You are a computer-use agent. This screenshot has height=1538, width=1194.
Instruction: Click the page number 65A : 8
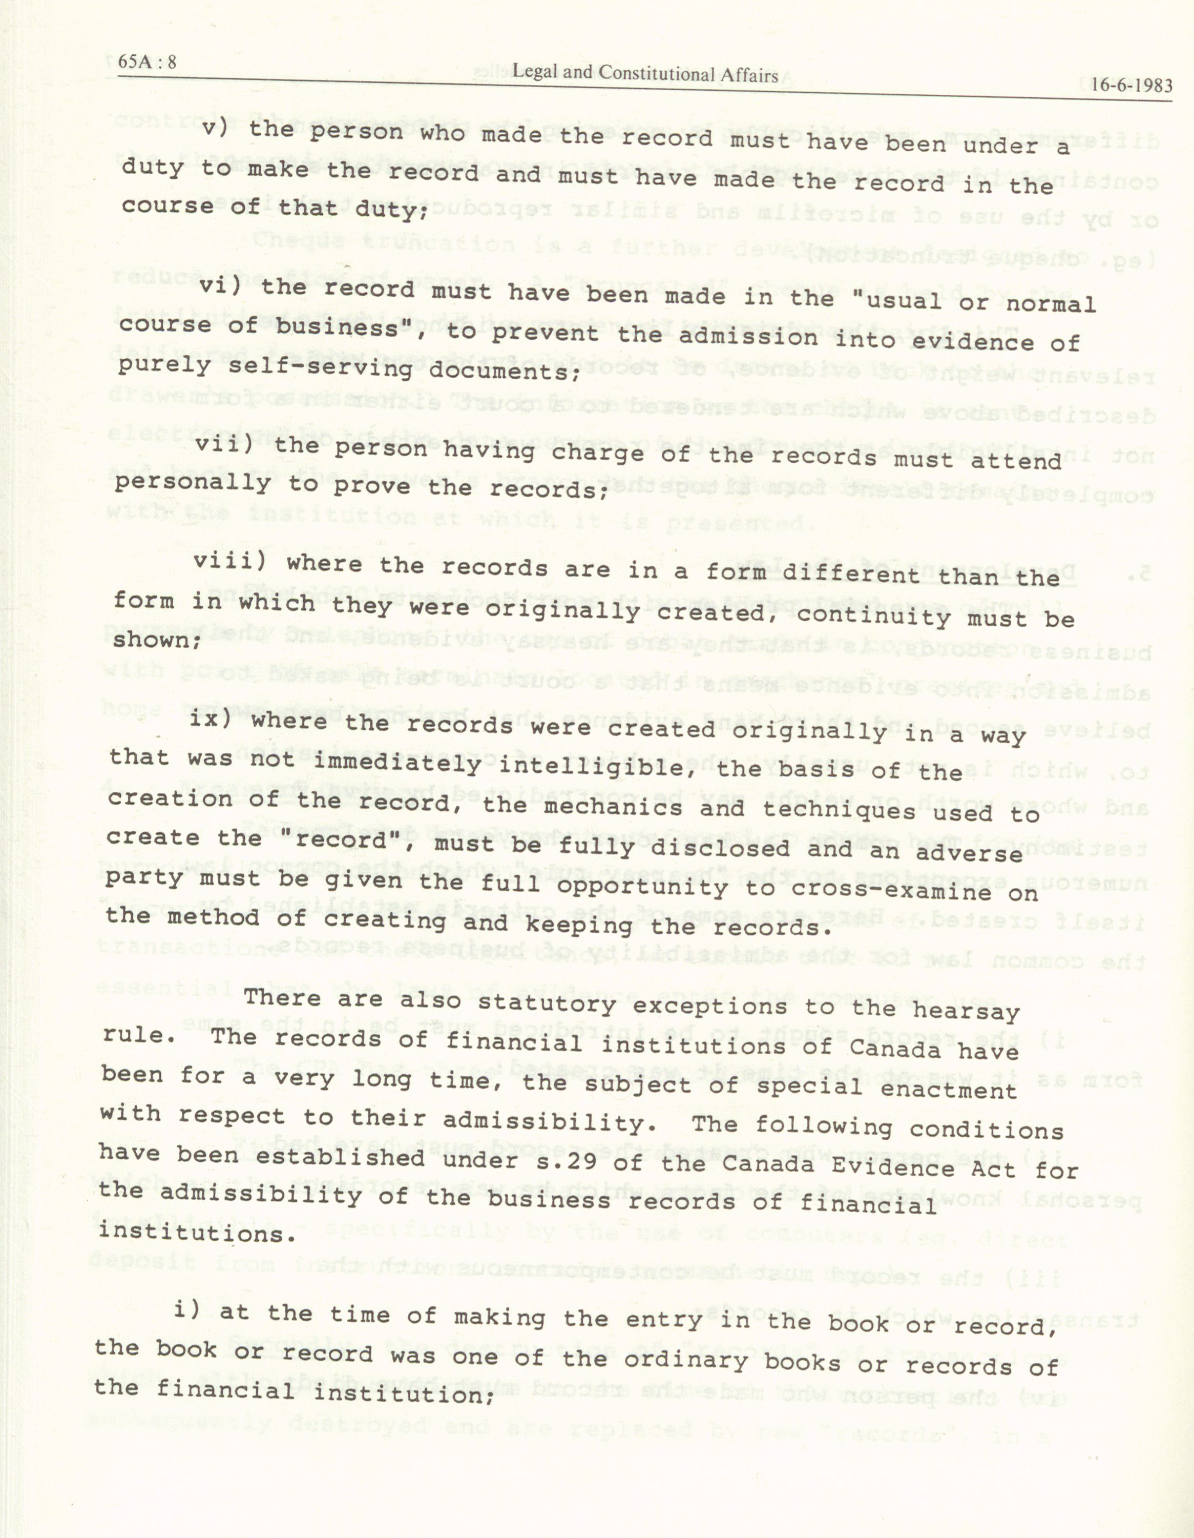pyautogui.click(x=147, y=63)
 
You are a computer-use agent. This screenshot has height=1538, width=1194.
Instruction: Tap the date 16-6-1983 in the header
pyautogui.click(x=1132, y=86)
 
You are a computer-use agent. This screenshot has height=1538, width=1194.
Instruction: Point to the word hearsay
pyautogui.click(x=966, y=1013)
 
